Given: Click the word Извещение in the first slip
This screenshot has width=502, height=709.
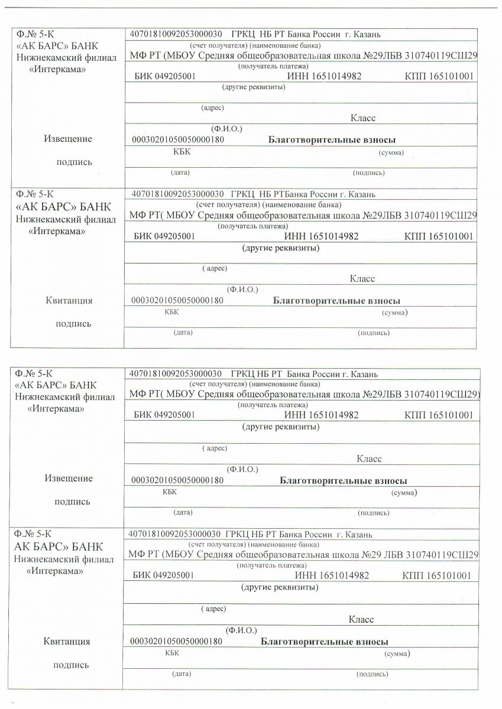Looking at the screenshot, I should pos(68,139).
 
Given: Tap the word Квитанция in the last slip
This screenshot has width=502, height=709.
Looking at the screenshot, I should pos(67,641).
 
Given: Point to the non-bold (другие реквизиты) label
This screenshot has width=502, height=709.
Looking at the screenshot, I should pos(254,87).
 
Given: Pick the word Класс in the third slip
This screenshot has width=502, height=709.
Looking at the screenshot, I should pos(369,458).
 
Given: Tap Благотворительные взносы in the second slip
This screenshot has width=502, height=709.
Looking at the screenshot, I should pos(336,301).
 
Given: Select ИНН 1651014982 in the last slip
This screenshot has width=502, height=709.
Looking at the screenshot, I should pos(332,575).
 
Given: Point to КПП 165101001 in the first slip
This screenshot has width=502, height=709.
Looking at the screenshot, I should pos(439,77).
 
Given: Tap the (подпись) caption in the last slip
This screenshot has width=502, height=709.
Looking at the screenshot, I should pos(372,674).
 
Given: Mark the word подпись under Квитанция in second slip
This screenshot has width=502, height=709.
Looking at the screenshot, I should pos(74,324).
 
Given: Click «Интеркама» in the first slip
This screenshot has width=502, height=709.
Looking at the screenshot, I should pos(57,69).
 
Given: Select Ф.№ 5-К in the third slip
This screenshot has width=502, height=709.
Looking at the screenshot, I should pos(34,373).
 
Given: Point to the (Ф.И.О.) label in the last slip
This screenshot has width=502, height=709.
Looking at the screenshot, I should pos(241,630).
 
